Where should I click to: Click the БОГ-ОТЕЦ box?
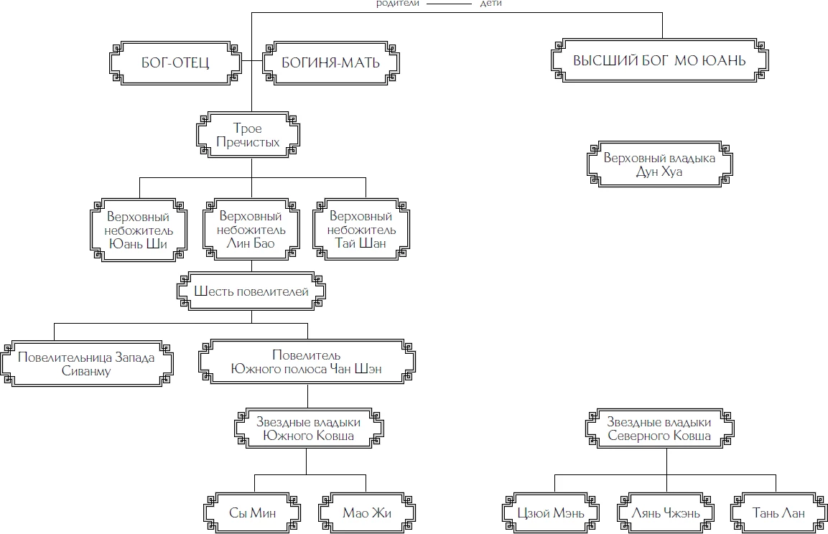175,62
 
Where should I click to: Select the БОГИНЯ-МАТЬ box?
330,62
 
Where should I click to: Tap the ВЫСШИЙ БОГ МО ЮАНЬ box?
659,60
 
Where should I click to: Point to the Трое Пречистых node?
248,135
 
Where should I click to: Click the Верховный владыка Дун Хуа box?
659,165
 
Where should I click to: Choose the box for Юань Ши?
138,230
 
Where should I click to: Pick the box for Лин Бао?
251,230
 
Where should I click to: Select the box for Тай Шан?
361,230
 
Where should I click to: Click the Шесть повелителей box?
251,292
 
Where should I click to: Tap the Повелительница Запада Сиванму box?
85,364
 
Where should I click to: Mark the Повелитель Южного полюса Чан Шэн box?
307,362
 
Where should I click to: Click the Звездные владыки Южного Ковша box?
307,429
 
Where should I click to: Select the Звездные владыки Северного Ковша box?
659,429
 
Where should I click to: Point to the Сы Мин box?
252,512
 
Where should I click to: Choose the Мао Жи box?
366,512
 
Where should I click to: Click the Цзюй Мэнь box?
550,512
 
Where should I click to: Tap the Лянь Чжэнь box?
666,512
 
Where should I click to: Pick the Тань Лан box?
777,512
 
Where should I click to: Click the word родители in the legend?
398,4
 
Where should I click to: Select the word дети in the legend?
491,4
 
